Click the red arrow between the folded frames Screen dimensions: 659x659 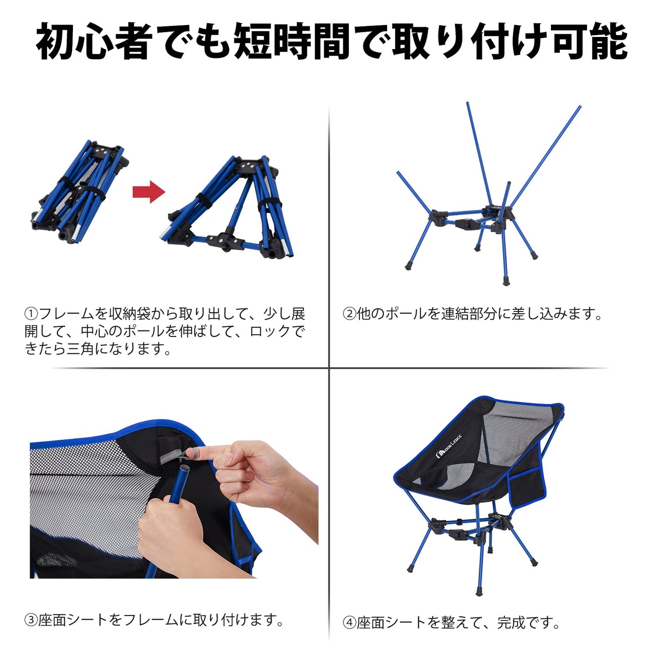149,192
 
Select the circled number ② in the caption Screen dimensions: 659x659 349,314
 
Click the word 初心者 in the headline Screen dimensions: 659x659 95,42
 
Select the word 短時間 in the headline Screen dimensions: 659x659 291,42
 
